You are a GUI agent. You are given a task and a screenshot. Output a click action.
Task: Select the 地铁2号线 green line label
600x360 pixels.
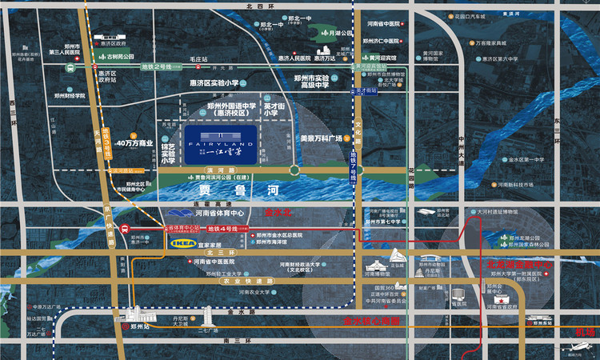pyautogui.click(x=158, y=67)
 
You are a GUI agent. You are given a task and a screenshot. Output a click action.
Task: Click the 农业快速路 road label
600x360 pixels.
pyautogui.click(x=243, y=281)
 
